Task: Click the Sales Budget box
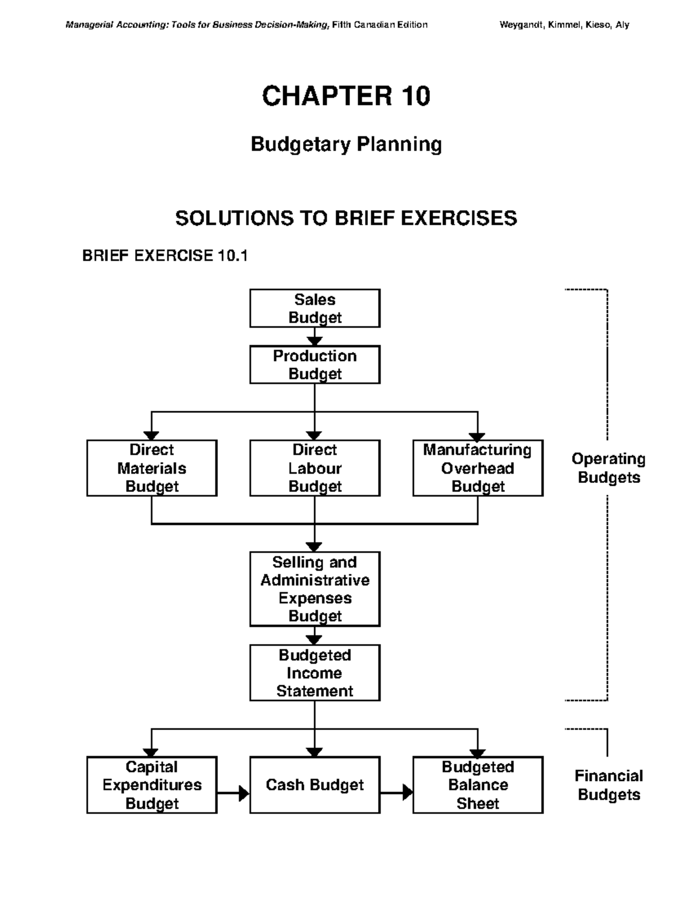click(x=315, y=308)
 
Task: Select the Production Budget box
click(x=315, y=364)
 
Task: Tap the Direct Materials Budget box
click(x=152, y=468)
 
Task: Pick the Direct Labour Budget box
click(x=315, y=468)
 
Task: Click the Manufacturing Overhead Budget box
click(x=478, y=468)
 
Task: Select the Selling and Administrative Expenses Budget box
click(x=315, y=589)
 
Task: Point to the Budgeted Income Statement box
click(x=315, y=673)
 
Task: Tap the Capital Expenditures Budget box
click(x=152, y=785)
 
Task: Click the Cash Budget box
click(x=315, y=785)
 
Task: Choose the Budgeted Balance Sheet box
click(x=478, y=785)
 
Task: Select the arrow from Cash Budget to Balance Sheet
click(x=397, y=792)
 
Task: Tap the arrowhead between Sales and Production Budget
click(x=315, y=340)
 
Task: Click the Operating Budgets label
click(x=609, y=468)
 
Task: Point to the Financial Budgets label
click(x=609, y=785)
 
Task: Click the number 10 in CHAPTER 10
click(x=413, y=96)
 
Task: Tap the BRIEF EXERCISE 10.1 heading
click(x=165, y=255)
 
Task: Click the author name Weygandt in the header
click(x=522, y=25)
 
